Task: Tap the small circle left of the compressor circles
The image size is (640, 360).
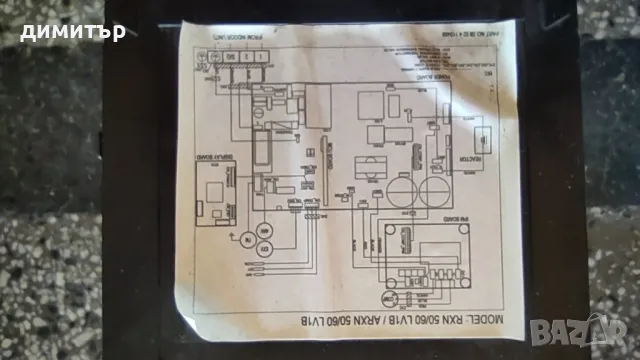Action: (240, 236)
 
